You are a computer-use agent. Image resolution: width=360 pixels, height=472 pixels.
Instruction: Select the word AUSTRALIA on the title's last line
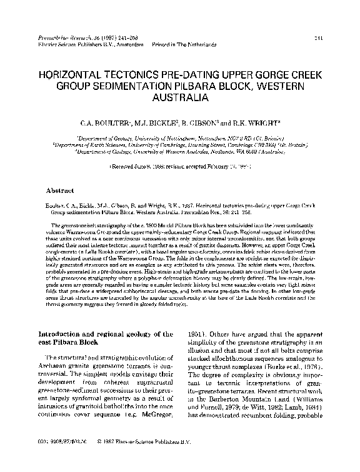(180, 99)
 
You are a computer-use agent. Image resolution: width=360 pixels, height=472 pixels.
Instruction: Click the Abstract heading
(61, 190)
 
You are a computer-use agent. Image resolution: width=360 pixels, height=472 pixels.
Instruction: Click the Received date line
(180, 167)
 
